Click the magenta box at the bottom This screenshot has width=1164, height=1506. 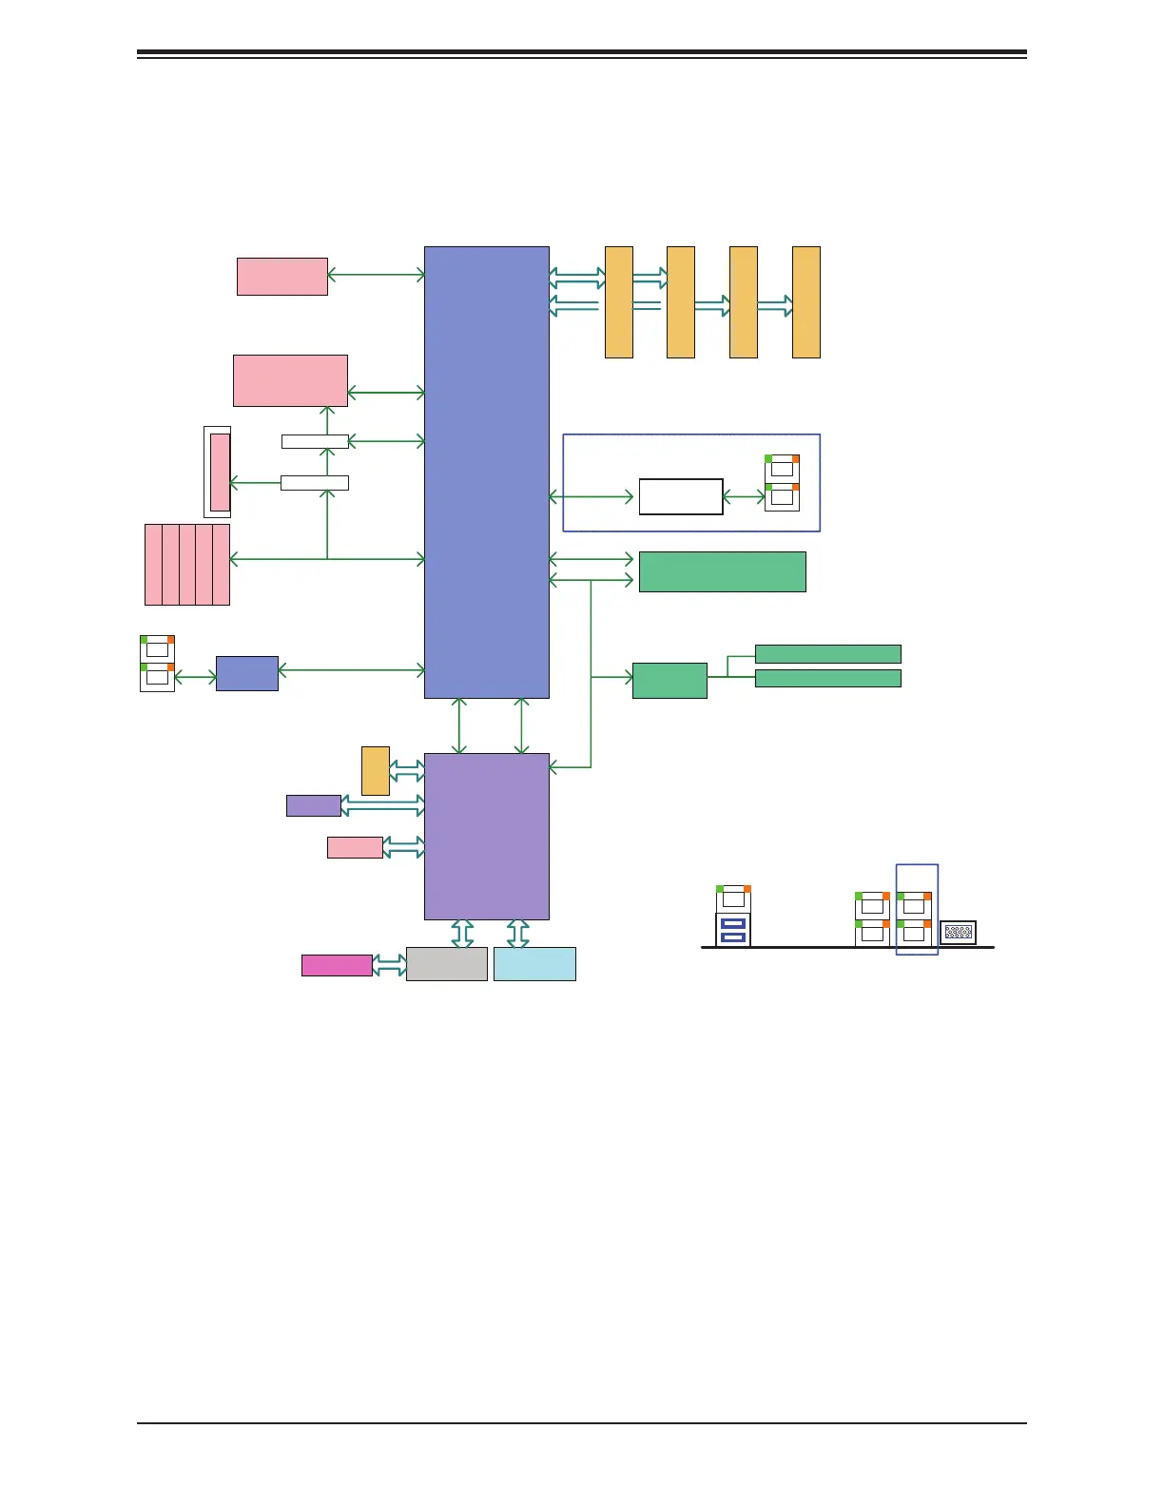[x=337, y=965]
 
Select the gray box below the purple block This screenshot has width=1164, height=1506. [x=446, y=963]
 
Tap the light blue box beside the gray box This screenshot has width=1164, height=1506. [x=534, y=963]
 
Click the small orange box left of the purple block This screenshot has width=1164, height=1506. [x=375, y=770]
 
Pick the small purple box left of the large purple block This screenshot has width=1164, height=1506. [x=313, y=805]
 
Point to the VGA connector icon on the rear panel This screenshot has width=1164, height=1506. [x=958, y=933]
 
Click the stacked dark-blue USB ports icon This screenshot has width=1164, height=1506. [x=732, y=930]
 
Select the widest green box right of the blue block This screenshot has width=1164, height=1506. [x=722, y=571]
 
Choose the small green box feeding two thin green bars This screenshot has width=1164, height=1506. [x=669, y=680]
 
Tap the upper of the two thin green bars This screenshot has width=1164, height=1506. [x=827, y=653]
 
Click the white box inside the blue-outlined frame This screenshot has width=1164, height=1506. [x=680, y=496]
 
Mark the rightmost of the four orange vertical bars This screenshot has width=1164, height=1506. [x=805, y=301]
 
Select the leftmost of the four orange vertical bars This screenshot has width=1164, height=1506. [x=618, y=301]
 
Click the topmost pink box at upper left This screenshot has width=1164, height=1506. [x=281, y=276]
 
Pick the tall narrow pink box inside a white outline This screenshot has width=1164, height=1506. [x=220, y=472]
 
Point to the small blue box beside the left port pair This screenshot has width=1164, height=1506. [x=246, y=673]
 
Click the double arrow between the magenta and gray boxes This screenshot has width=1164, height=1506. [x=389, y=965]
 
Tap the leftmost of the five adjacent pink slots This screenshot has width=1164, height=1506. [x=153, y=564]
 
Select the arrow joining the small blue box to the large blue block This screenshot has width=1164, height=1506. [x=351, y=670]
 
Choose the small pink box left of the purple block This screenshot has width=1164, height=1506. [x=355, y=847]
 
